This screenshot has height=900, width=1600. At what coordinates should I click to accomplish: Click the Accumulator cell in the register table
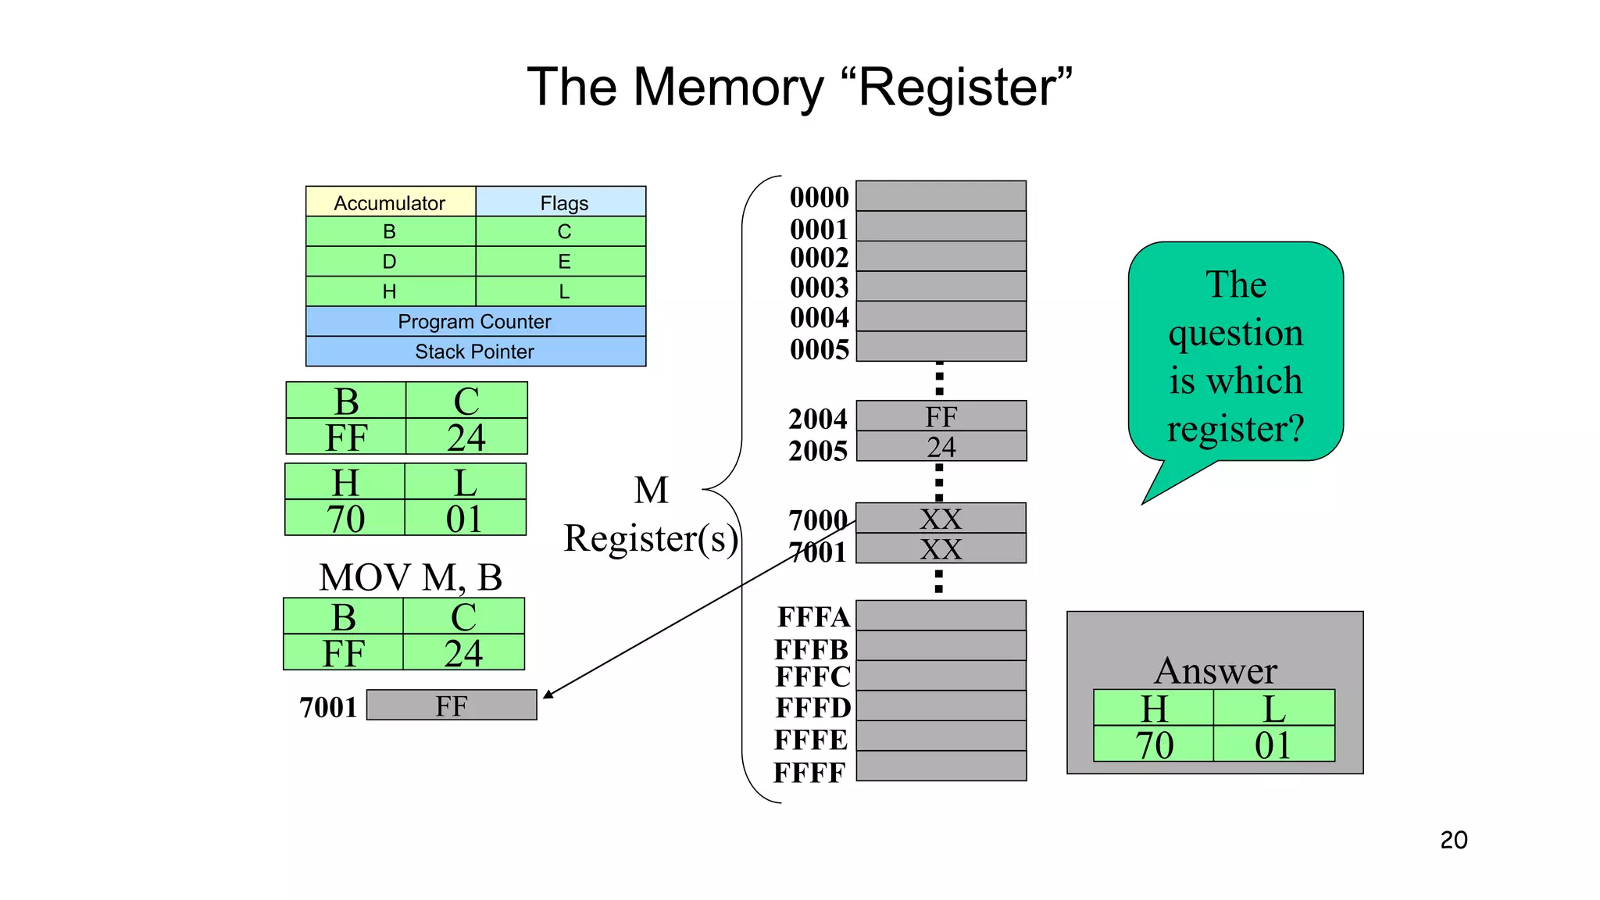pos(390,202)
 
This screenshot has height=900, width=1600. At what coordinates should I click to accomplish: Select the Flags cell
pos(563,202)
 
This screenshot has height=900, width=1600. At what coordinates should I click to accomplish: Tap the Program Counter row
pos(475,321)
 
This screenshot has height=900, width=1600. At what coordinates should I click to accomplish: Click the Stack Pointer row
pos(475,352)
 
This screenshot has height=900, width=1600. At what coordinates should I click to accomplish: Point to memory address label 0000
pos(818,198)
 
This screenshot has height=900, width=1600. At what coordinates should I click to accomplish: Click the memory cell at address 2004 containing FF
pos(941,416)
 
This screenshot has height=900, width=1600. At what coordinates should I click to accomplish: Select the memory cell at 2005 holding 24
pos(941,447)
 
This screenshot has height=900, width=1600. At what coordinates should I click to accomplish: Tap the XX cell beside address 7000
pos(941,519)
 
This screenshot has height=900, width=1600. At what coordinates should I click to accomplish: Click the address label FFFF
pos(809,773)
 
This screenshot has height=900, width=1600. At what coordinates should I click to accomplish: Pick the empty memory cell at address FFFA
pos(941,616)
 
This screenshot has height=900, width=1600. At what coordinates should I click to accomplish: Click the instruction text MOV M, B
pos(410,578)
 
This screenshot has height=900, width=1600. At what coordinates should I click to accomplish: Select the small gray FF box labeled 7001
pos(452,705)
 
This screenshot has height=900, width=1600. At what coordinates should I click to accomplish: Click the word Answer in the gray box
pos(1215,670)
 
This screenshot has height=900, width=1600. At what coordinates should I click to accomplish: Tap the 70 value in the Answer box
pos(1154,745)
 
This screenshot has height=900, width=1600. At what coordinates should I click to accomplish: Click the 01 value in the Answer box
pos(1273,745)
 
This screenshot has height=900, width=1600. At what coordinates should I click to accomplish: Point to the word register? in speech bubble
pos(1235,429)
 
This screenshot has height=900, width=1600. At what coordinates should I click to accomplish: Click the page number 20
pos(1453,840)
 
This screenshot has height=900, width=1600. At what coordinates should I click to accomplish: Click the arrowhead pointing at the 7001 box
pos(548,694)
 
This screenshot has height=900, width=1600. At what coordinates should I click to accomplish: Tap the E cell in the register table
pos(563,262)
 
